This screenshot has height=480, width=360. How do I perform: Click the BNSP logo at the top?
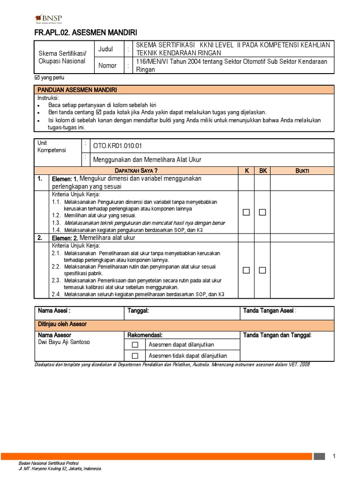(49, 19)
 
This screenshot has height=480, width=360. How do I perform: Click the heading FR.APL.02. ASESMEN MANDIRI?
(86, 33)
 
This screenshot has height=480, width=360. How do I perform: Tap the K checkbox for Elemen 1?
(247, 212)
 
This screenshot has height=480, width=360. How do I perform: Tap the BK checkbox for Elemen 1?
(262, 212)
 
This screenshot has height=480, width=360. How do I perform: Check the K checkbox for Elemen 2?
(247, 270)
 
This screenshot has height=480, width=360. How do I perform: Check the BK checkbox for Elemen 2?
(262, 270)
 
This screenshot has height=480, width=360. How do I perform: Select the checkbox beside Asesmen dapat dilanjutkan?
(135, 345)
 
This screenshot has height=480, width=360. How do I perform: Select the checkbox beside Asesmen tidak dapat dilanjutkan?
(135, 356)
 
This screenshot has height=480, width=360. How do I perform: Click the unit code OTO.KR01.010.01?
(117, 146)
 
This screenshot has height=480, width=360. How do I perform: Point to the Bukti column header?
(302, 171)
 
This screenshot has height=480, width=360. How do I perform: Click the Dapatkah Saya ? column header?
(136, 171)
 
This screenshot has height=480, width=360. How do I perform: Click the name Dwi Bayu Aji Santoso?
(63, 342)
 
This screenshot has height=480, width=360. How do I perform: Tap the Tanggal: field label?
(138, 311)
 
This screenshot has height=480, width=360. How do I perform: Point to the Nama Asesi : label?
(54, 311)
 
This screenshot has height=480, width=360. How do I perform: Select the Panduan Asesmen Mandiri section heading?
(77, 90)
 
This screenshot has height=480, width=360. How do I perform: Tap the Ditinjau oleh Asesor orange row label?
(62, 324)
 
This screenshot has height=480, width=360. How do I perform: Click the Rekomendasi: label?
(145, 335)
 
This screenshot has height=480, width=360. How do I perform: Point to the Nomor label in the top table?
(107, 66)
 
